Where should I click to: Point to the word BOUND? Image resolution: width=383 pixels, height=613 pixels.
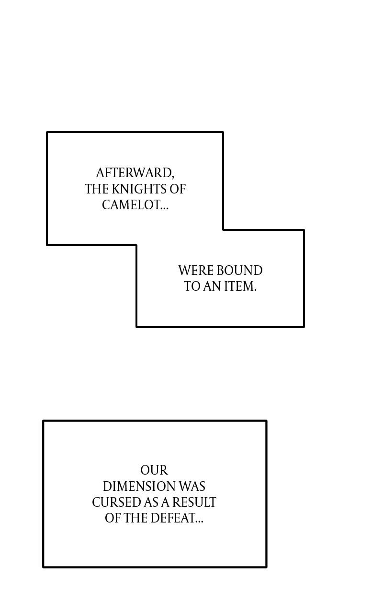[x=239, y=271]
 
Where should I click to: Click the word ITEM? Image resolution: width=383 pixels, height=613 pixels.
[x=239, y=286]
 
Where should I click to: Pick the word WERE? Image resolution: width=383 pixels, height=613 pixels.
[x=196, y=271]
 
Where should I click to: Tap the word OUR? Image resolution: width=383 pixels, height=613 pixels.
[x=154, y=470]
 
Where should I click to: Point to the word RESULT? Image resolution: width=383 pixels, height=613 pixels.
[x=194, y=502]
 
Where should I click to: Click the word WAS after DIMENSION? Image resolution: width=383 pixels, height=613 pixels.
[x=192, y=486]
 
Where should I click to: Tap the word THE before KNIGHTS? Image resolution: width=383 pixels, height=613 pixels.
[x=97, y=189]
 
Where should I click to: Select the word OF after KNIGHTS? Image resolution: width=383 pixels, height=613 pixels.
[x=178, y=189]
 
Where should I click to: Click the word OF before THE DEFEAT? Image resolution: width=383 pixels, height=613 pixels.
[x=113, y=518]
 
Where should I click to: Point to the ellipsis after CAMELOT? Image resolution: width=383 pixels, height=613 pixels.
[x=164, y=209]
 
